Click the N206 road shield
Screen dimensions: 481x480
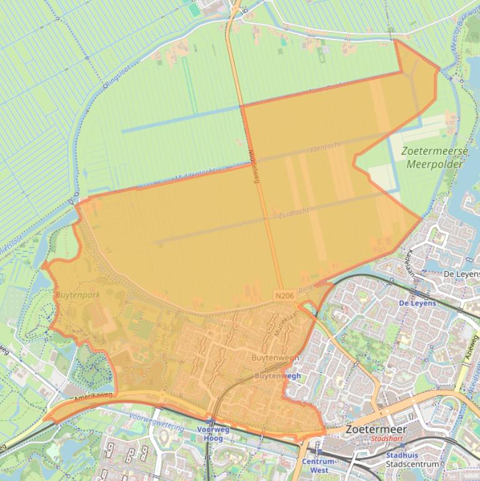coord(283,294)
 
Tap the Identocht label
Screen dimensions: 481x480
coord(325,147)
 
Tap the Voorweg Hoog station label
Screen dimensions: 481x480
coord(213,434)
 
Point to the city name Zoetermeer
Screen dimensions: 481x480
coord(375,430)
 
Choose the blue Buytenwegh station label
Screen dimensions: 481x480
coord(278,376)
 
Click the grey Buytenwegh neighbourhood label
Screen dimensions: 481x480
coord(275,358)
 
